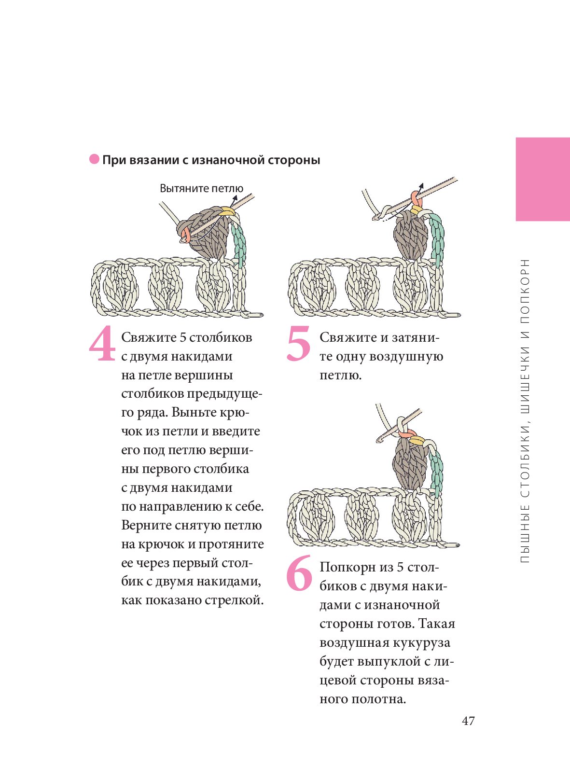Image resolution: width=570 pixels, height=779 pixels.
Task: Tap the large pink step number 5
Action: tap(299, 343)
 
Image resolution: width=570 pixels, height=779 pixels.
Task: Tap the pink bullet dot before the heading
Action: tap(94, 159)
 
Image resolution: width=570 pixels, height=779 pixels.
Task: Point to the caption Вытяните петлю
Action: tap(201, 189)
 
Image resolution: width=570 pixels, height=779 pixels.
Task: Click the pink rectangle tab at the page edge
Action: tap(543, 180)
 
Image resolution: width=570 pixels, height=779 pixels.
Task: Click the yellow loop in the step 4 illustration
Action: tap(227, 211)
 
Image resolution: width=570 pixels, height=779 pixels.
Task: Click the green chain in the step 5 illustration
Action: tap(437, 239)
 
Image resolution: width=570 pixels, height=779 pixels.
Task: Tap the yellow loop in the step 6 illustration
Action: tap(417, 440)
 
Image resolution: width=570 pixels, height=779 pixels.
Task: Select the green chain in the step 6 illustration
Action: tap(436, 471)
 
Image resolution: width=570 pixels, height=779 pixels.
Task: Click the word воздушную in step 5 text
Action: tap(406, 357)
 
